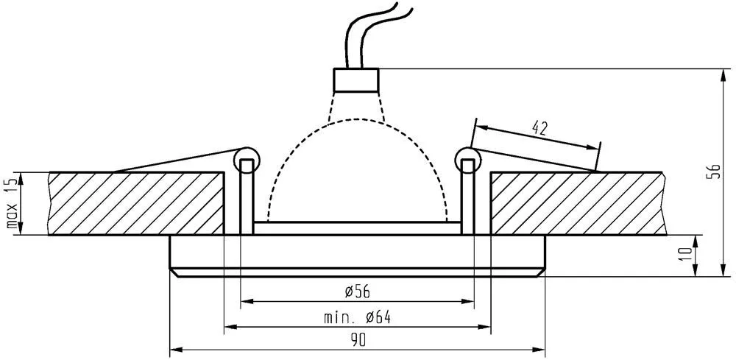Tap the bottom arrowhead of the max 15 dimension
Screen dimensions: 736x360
click(x=21, y=228)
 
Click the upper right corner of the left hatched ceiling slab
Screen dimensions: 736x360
click(x=224, y=172)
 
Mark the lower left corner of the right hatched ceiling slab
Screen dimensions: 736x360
click(x=491, y=234)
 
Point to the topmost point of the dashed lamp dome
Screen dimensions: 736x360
click(x=358, y=119)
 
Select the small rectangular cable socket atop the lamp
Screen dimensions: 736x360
click(x=356, y=80)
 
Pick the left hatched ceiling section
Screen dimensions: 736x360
click(x=136, y=203)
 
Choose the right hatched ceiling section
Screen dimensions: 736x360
click(x=578, y=203)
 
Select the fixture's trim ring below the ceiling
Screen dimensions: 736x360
click(x=357, y=256)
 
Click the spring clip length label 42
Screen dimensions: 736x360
click(x=539, y=128)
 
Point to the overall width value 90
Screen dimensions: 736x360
click(x=358, y=341)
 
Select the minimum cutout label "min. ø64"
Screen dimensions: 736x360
click(x=358, y=318)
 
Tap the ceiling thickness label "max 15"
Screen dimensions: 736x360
click(x=12, y=203)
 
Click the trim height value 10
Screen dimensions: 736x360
click(x=687, y=254)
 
